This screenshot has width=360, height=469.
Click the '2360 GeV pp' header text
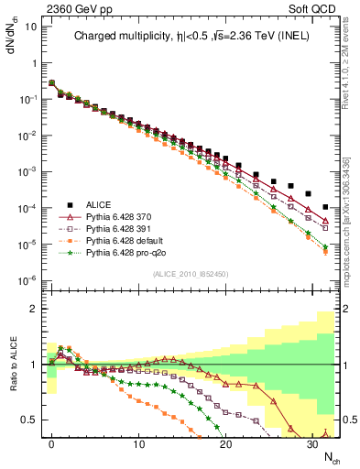point(72,9)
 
